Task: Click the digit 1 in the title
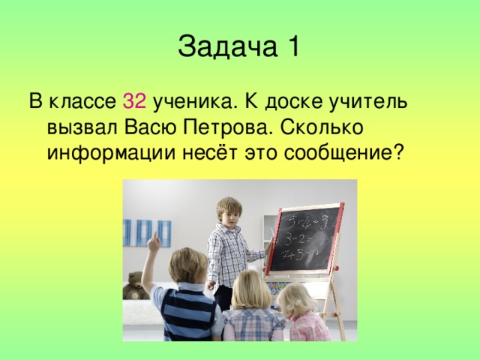point(292,46)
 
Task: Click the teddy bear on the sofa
point(135,286)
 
